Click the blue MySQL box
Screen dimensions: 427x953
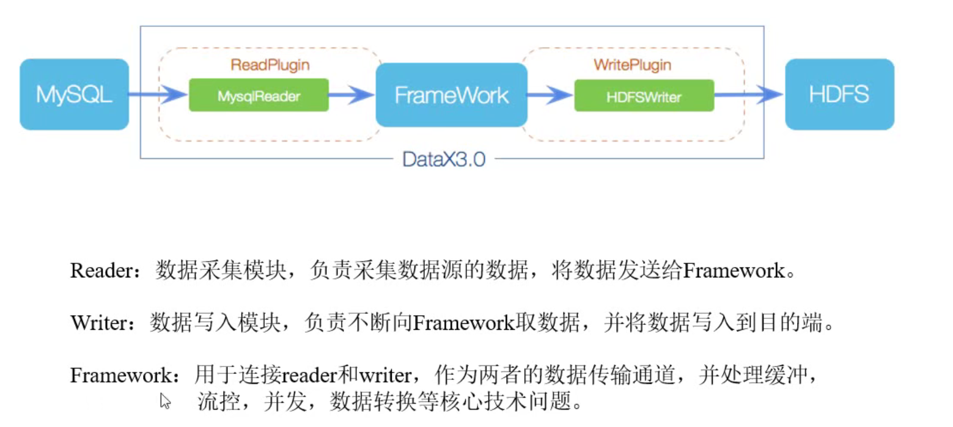pyautogui.click(x=74, y=94)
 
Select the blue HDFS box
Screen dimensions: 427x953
pyautogui.click(x=839, y=94)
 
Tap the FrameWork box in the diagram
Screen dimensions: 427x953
pyautogui.click(x=451, y=95)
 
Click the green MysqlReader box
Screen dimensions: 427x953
pyautogui.click(x=259, y=95)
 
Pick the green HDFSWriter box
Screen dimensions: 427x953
pyautogui.click(x=644, y=95)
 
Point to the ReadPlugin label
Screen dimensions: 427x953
pyautogui.click(x=270, y=64)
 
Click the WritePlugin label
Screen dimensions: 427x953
pyautogui.click(x=632, y=64)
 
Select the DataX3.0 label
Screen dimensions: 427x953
pyautogui.click(x=444, y=160)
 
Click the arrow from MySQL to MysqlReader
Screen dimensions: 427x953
pyautogui.click(x=158, y=94)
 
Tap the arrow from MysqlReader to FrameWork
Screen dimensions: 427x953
pyautogui.click(x=351, y=95)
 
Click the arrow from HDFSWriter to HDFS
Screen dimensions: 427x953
pyautogui.click(x=749, y=94)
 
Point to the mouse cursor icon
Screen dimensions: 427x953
pyautogui.click(x=165, y=401)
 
